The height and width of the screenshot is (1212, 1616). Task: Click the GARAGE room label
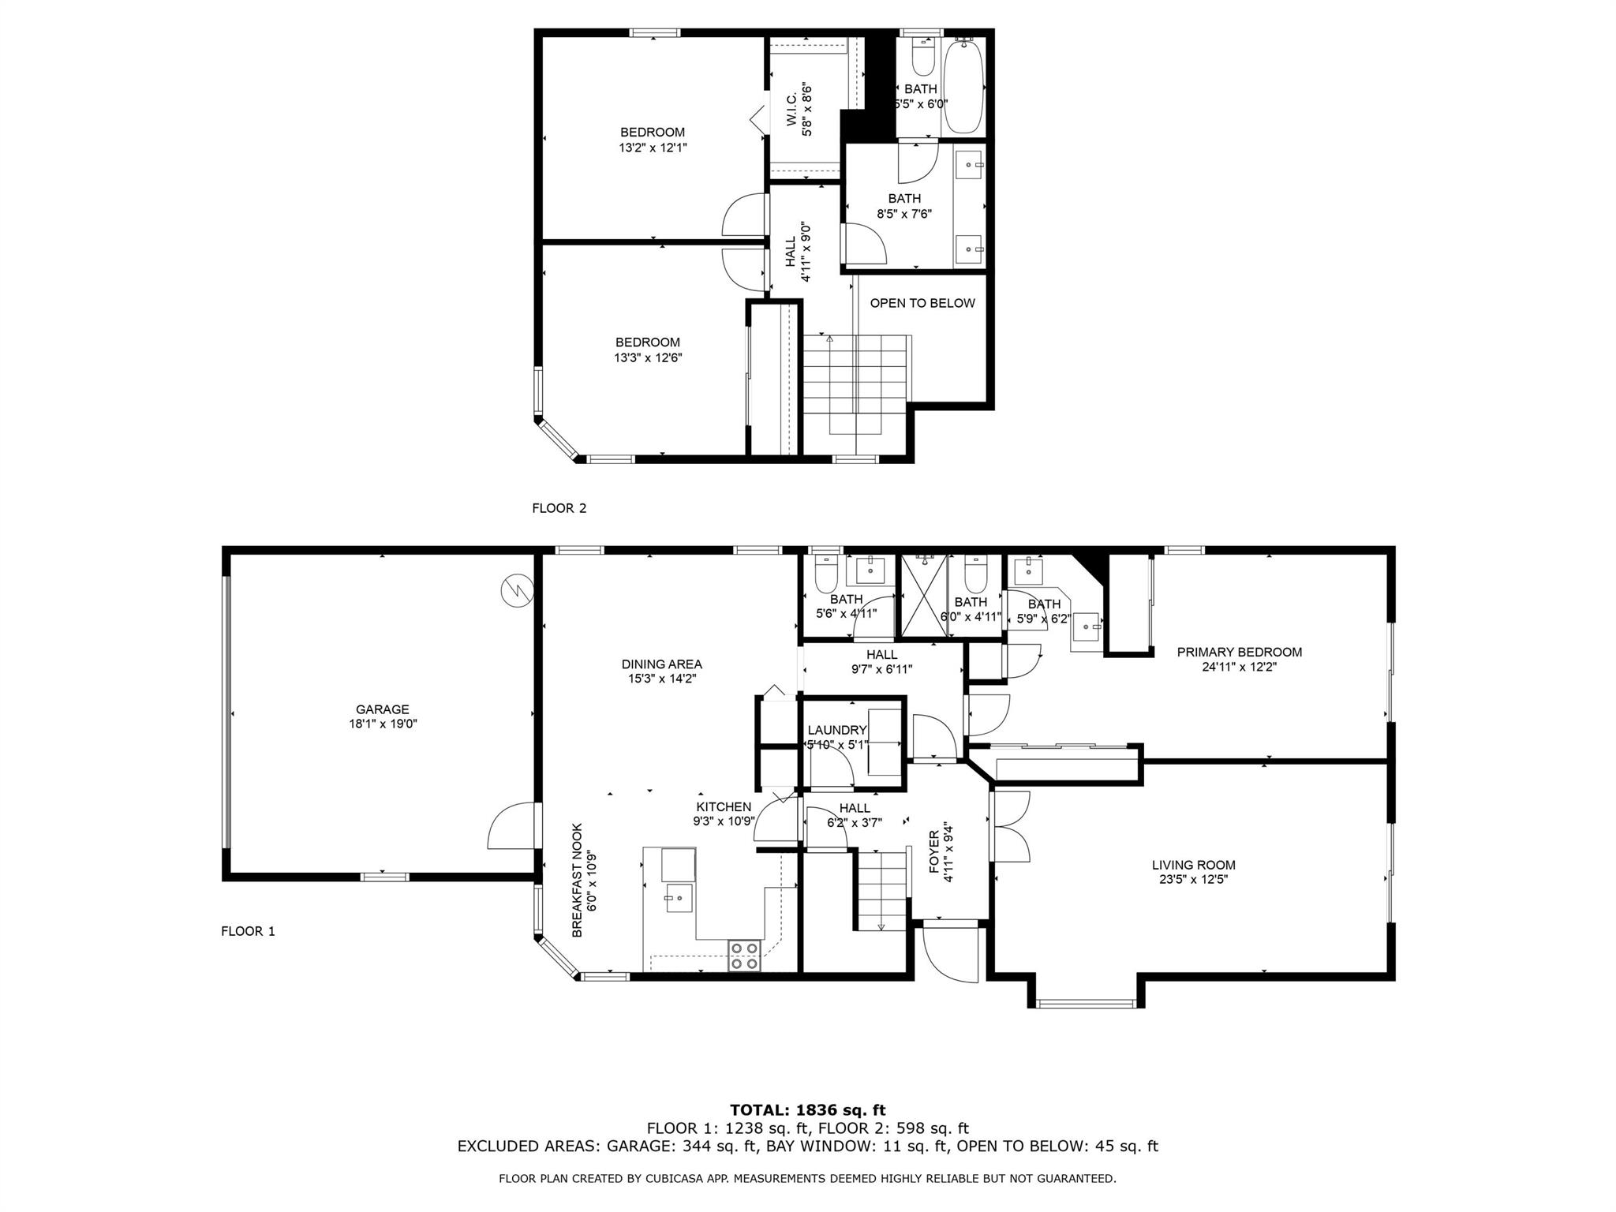(x=383, y=709)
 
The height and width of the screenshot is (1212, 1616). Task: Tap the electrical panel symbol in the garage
(x=518, y=590)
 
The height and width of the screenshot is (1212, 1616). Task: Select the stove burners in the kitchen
(x=744, y=956)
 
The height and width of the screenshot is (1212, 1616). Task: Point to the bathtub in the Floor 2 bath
(x=963, y=86)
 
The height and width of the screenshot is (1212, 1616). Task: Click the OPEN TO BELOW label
(x=922, y=303)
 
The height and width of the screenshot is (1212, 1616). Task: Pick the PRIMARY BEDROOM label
(x=1240, y=652)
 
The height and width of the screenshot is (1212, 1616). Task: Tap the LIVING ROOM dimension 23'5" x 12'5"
(x=1194, y=879)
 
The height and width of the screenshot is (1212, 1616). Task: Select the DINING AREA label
(x=662, y=664)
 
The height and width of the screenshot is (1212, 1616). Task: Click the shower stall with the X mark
(x=924, y=595)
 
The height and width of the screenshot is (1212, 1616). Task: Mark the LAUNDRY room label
(x=837, y=731)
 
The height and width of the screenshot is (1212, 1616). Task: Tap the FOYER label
(x=934, y=851)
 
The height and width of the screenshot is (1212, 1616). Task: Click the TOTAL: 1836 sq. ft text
(x=808, y=1110)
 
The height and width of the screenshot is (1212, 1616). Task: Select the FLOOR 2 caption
(x=559, y=508)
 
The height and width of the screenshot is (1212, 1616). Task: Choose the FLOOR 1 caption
(x=249, y=931)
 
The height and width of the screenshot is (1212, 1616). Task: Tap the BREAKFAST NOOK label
(x=577, y=881)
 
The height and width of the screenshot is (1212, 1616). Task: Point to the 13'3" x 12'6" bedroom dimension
(x=648, y=357)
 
